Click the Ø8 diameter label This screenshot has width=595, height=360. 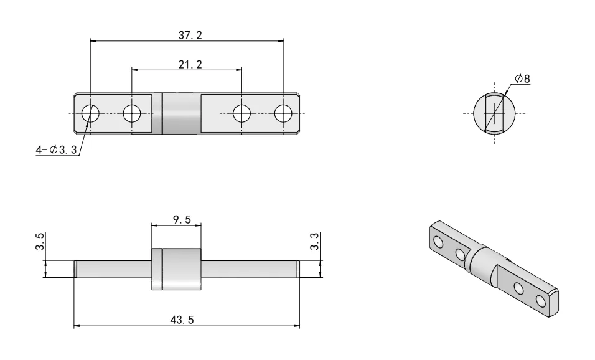tap(523, 79)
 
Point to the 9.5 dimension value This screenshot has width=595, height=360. tap(177, 220)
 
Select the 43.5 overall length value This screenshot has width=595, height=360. tap(182, 320)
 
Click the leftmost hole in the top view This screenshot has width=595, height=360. tap(90, 113)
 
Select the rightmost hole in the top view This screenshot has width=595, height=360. tap(283, 113)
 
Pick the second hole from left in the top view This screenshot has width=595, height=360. tap(131, 113)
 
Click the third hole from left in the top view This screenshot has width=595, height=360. tap(241, 113)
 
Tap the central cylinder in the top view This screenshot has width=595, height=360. tap(181, 113)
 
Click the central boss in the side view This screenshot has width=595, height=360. tap(177, 269)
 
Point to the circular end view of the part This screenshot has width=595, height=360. tap(494, 113)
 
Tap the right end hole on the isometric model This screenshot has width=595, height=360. tap(540, 301)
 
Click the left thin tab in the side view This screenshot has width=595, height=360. tap(112, 269)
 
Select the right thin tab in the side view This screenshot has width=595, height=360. tap(249, 269)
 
